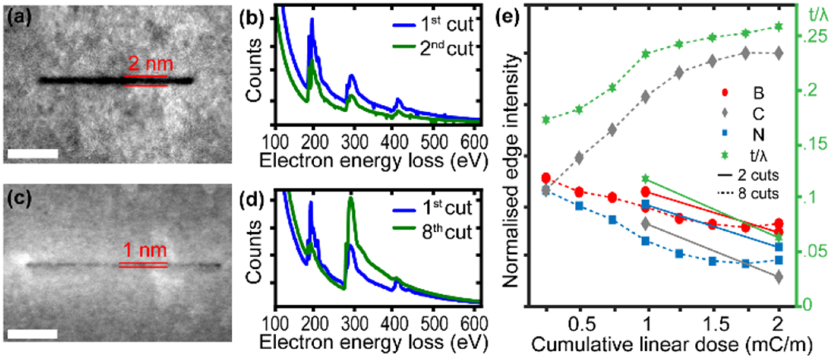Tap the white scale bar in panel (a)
tap(33, 154)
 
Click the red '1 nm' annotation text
tap(145, 250)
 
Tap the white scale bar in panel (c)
tap(33, 334)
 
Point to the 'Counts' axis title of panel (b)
tap(254, 70)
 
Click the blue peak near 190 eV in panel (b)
tap(312, 20)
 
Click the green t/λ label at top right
tap(818, 15)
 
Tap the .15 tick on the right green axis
tap(810, 144)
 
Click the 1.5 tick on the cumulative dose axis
tap(712, 325)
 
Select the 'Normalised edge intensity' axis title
tap(509, 171)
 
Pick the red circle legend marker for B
tap(725, 92)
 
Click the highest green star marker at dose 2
tap(778, 26)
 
